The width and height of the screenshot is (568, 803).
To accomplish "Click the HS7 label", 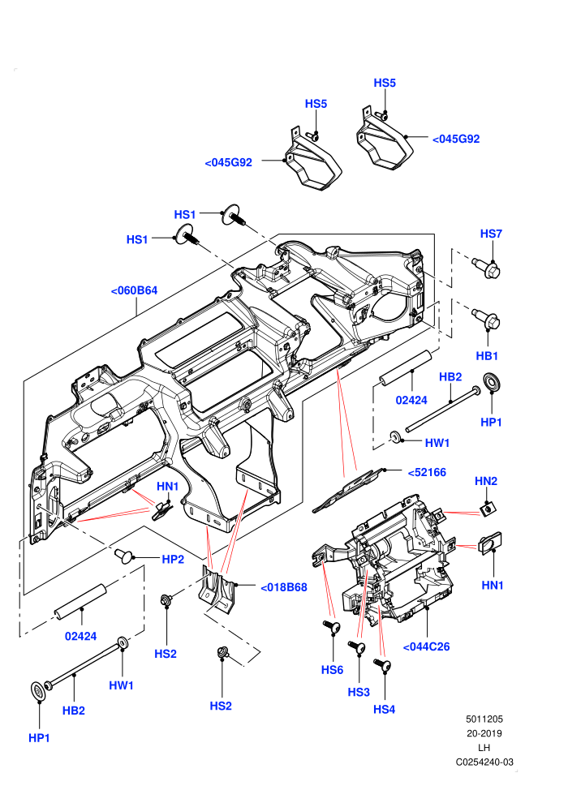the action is (x=491, y=234).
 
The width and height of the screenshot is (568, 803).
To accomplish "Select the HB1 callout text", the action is (x=487, y=356).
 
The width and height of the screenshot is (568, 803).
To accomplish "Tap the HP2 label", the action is (x=173, y=559).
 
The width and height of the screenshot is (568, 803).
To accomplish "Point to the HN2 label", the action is (x=485, y=481).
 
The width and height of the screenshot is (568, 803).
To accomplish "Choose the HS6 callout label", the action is (x=332, y=670).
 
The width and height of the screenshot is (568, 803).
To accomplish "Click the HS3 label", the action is (x=359, y=693).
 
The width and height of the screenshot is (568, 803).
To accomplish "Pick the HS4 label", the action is (x=384, y=709).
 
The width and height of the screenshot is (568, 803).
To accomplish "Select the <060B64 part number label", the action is (x=134, y=290).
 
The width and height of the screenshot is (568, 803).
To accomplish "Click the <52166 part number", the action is (x=427, y=472).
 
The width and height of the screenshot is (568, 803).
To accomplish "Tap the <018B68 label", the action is (x=284, y=587).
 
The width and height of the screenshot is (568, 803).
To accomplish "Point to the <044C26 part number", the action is (x=426, y=646).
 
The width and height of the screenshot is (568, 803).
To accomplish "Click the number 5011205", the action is (x=484, y=719).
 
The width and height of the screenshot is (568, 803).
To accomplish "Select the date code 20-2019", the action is (x=484, y=733).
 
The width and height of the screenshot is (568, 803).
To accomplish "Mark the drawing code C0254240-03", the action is (x=484, y=762).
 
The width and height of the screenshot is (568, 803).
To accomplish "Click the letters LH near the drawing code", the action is (x=484, y=748).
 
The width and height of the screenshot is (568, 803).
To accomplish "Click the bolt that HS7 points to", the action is (x=486, y=268).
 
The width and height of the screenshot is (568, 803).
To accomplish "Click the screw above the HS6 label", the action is (x=331, y=626).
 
